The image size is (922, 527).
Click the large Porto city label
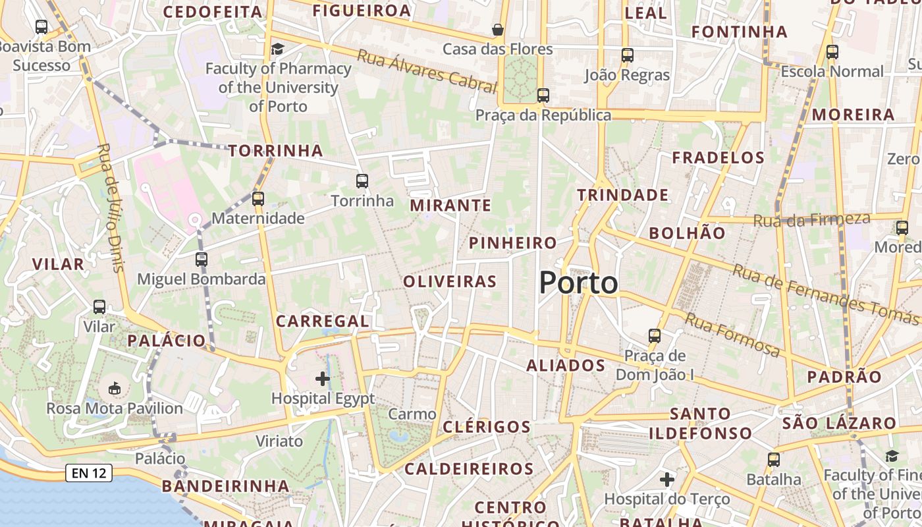[578, 283]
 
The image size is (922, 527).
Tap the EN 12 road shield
[89, 472]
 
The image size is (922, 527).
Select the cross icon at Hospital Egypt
[323, 379]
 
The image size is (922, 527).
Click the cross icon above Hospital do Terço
[667, 480]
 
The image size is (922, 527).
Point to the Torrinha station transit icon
[362, 181]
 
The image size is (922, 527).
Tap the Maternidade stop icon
[258, 198]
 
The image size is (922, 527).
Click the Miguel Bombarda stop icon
[202, 260]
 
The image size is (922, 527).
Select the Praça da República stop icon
[543, 96]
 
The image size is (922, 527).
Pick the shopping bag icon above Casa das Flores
[498, 30]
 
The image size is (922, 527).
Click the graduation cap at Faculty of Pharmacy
[278, 49]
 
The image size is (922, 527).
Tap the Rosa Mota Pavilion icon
[115, 389]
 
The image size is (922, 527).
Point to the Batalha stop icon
[774, 460]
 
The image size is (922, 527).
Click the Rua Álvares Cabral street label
[426, 70]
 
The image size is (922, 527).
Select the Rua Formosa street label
[732, 335]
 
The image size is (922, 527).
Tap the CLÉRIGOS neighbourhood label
[487, 427]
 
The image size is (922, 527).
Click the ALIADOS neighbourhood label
[566, 366]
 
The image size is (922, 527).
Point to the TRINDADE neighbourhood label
[622, 195]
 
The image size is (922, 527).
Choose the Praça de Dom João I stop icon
[655, 336]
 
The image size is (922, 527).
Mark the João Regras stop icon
[628, 55]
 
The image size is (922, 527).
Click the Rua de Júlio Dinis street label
[110, 208]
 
